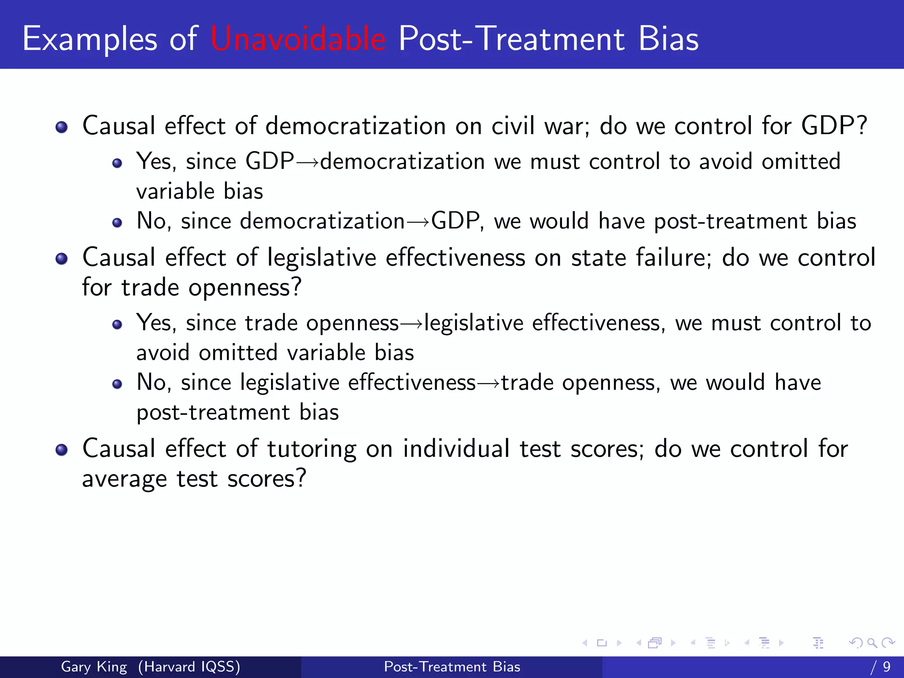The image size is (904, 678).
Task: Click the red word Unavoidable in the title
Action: pos(298,39)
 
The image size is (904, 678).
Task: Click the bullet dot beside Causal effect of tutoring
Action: pos(62,450)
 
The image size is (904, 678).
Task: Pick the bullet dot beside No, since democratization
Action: pos(117,222)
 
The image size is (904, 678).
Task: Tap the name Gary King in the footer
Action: pos(94,667)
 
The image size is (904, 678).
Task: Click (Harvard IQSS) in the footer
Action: pos(189,667)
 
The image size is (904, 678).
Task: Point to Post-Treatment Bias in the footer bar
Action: pos(452,667)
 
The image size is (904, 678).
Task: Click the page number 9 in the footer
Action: pos(886,667)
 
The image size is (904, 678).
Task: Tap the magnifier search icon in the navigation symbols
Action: pos(872,643)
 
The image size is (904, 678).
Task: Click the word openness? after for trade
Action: pos(245,287)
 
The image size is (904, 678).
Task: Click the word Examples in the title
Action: pos(90,39)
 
